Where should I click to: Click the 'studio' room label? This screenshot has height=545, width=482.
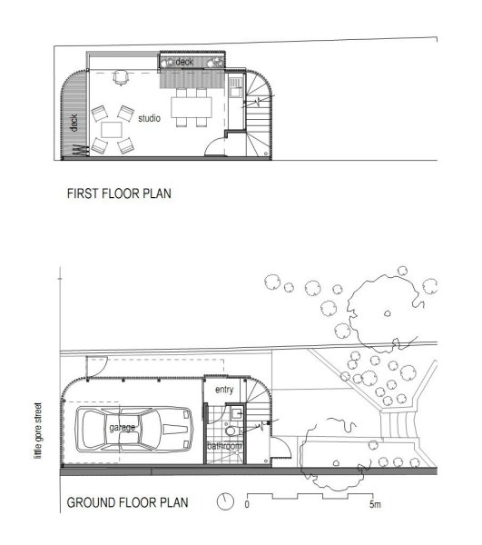coord(150,118)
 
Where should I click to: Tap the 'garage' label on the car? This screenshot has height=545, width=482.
coord(123,427)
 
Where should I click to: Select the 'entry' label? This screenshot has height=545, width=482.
coord(224,390)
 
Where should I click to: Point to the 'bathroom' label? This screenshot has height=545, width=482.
coord(225,446)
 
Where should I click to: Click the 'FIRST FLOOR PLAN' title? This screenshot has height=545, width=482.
coord(119,193)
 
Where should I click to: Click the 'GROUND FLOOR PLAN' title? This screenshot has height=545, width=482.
coord(127,502)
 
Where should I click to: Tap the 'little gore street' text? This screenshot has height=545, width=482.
coord(38,431)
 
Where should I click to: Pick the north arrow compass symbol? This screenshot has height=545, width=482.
coord(225,501)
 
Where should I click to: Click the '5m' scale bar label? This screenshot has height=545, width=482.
coord(375,504)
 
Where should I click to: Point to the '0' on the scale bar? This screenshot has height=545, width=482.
coord(247,504)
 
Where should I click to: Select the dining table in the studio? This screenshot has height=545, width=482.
coord(192,107)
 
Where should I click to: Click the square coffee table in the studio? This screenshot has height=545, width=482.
coord(112,130)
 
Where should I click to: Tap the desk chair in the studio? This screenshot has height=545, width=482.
coord(120,77)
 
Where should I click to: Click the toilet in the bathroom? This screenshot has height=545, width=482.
coord(231,431)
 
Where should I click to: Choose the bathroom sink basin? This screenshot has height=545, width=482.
coord(237,413)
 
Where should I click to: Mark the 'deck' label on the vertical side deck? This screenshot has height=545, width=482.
coord(74,123)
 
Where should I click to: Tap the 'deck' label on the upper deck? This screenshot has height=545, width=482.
coord(184,62)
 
